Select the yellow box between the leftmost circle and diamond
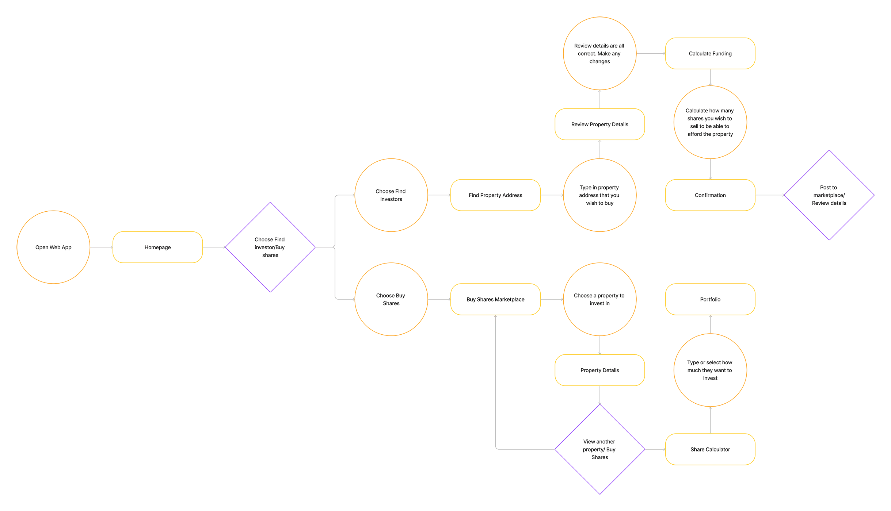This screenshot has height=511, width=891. pos(172,248)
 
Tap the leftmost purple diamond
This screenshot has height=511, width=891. pos(270,248)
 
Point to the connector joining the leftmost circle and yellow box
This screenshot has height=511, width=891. pos(100,248)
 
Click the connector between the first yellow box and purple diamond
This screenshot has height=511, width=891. pos(214,248)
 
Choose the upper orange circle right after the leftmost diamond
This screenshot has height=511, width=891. pos(391,195)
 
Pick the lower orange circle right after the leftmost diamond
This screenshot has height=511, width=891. pos(391,299)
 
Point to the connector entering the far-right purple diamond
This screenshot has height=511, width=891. pos(770,196)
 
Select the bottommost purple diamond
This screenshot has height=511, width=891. pos(599,450)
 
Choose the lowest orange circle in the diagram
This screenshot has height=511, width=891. pos(709,370)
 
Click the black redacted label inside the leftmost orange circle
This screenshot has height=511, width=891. pos(61,247)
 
